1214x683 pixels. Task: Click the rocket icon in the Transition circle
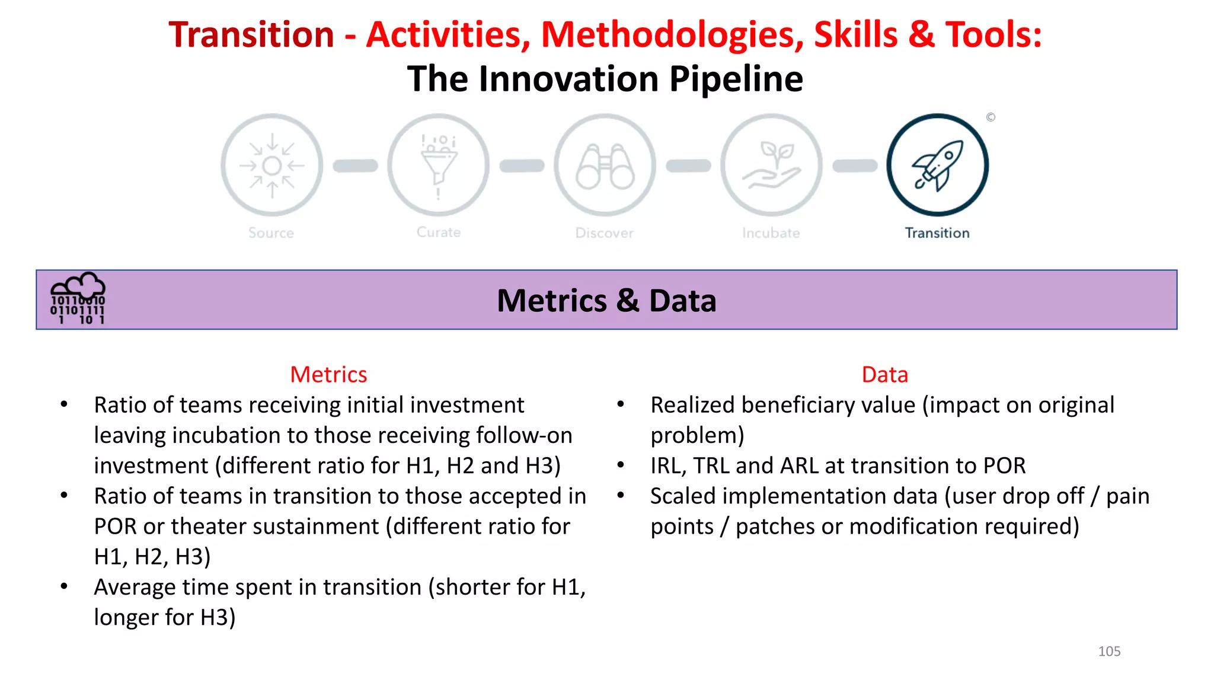(937, 165)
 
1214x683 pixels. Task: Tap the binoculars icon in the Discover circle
(605, 166)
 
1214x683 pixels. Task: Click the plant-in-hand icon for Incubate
(771, 166)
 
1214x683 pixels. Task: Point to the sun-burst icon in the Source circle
(271, 166)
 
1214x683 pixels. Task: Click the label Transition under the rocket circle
(937, 233)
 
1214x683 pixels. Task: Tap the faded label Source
(271, 233)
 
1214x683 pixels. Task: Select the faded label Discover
(604, 233)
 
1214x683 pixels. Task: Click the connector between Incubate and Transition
(854, 166)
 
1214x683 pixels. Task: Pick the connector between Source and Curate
(355, 166)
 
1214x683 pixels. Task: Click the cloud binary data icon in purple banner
(78, 299)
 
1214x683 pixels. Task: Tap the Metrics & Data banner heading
(606, 301)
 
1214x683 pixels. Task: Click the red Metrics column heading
(328, 375)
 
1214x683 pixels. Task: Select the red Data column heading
(884, 375)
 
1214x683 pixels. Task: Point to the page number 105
(1109, 651)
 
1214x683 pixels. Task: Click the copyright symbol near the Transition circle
(991, 117)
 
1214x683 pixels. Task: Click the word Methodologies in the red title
(672, 35)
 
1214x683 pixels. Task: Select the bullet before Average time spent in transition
(64, 586)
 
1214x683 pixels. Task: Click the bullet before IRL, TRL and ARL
(621, 465)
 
